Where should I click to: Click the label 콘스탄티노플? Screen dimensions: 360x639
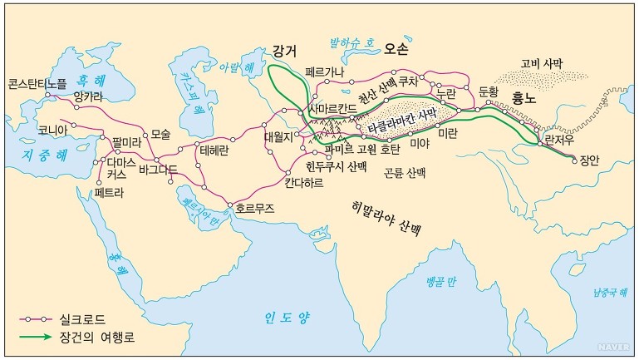pos(37,84)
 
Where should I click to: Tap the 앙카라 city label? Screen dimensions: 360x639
pos(90,96)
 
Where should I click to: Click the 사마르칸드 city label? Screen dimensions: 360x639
pos(335,110)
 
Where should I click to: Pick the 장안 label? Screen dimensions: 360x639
pos(588,160)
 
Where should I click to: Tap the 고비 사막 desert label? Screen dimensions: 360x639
pos(541,63)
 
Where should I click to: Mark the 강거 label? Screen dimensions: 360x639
pos(284,51)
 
